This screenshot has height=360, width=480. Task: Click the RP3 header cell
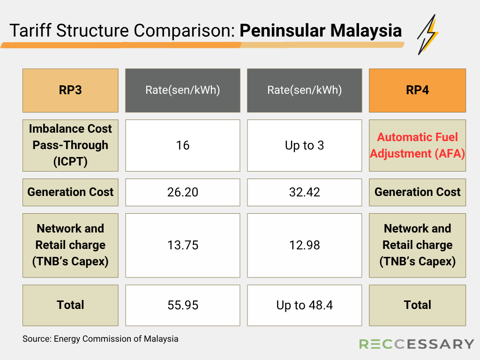70,90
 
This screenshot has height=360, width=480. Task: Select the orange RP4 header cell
417,90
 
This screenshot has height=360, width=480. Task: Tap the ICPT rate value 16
183,145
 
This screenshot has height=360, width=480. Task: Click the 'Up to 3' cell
305,145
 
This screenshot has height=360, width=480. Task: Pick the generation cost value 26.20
183,192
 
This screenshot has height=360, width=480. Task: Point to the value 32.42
305,192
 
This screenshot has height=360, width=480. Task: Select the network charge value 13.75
183,245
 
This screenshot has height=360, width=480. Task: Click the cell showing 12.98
305,245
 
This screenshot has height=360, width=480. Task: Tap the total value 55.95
183,305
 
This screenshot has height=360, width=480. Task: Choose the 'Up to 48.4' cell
305,305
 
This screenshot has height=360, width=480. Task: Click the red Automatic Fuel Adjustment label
417,145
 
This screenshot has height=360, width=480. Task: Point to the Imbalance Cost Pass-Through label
70,145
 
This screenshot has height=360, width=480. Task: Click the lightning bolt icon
427,35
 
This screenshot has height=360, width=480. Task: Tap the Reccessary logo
416,344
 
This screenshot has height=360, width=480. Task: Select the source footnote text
100,339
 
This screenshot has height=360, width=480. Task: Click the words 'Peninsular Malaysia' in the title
321,30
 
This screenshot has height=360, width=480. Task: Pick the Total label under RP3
70,305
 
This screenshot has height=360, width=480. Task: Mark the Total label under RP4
417,305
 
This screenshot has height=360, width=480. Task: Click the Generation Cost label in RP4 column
417,192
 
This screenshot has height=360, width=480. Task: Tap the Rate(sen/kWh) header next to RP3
183,90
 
